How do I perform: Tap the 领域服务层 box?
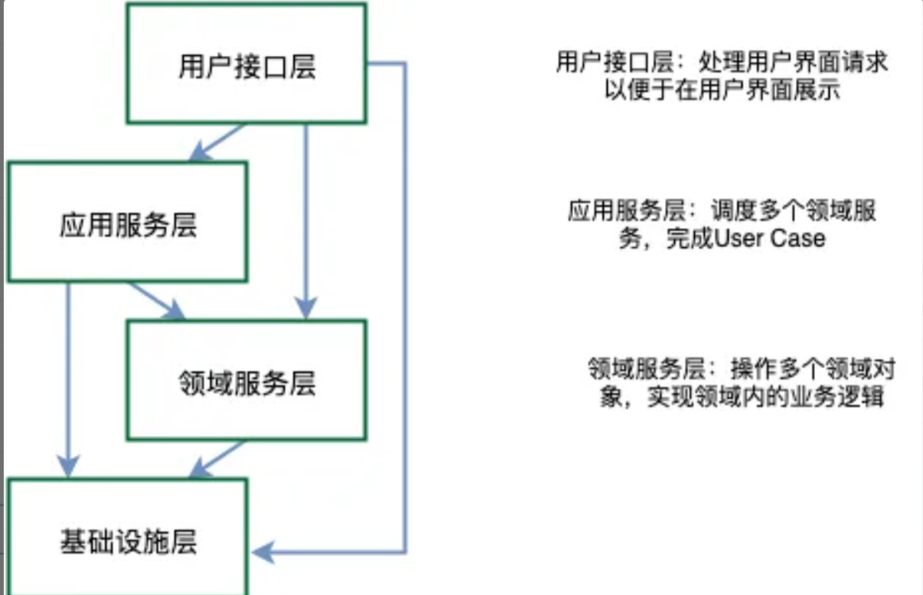pyautogui.click(x=246, y=381)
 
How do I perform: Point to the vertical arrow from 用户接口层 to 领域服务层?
pyautogui.click(x=306, y=222)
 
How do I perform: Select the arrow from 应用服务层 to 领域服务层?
pyautogui.click(x=157, y=300)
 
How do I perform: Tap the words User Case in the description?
pyautogui.click(x=769, y=238)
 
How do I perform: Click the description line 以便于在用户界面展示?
pyautogui.click(x=722, y=89)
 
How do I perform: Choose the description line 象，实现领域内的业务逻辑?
pyautogui.click(x=741, y=398)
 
